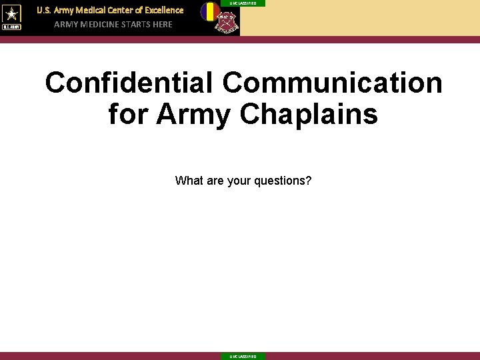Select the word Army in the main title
tap(194, 114)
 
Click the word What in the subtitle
tap(188, 181)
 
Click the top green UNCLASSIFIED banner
tap(243, 3)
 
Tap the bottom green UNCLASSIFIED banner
tap(243, 356)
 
